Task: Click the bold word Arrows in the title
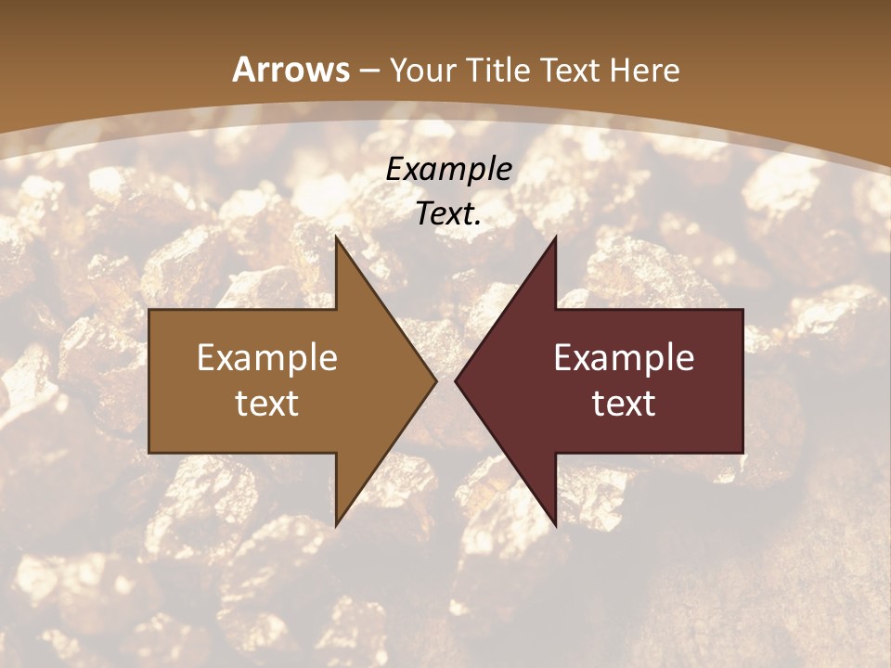(291, 70)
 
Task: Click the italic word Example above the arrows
(449, 169)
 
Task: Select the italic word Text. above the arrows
(449, 214)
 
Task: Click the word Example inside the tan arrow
(267, 357)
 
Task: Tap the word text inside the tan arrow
(267, 403)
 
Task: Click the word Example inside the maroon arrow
(624, 357)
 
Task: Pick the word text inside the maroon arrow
(624, 403)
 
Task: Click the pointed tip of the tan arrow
(435, 380)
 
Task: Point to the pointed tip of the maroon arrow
(456, 380)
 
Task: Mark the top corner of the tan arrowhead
(336, 237)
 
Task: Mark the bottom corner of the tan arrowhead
(336, 525)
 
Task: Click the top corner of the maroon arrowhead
(555, 237)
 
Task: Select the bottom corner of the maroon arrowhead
(555, 525)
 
